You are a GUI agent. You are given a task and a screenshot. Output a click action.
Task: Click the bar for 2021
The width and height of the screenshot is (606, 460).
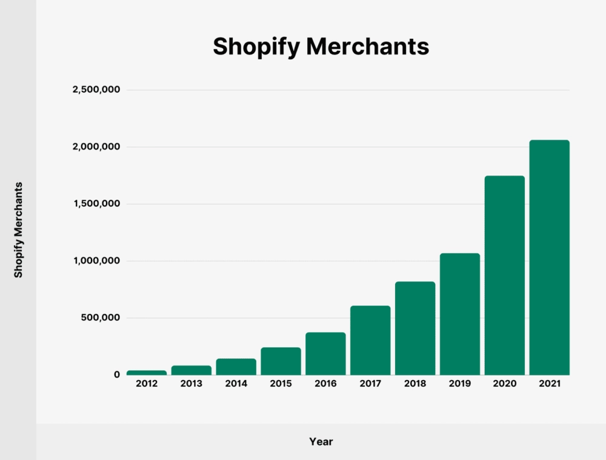pyautogui.click(x=549, y=258)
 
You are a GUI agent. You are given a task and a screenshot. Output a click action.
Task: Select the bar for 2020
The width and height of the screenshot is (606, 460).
pyautogui.click(x=504, y=275)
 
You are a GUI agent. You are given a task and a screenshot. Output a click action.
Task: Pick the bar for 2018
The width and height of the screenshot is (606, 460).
pyautogui.click(x=415, y=328)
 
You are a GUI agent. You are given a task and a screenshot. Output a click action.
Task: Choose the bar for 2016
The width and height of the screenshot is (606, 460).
pyautogui.click(x=325, y=353)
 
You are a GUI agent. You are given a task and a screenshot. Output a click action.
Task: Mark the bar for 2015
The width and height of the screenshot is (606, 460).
pyautogui.click(x=281, y=361)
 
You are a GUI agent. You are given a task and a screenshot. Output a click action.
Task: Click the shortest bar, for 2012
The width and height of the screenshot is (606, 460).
pyautogui.click(x=146, y=372)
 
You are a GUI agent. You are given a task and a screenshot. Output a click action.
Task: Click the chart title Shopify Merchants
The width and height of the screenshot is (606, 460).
pyautogui.click(x=321, y=47)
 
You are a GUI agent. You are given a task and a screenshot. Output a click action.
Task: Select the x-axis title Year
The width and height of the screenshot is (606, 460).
pyautogui.click(x=321, y=442)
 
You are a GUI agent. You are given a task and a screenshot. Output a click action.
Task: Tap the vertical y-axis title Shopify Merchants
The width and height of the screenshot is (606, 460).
pyautogui.click(x=18, y=230)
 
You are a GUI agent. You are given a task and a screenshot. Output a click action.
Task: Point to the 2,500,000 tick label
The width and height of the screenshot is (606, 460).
pyautogui.click(x=96, y=90)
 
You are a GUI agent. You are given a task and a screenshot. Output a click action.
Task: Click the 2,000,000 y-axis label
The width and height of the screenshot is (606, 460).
pyautogui.click(x=96, y=147)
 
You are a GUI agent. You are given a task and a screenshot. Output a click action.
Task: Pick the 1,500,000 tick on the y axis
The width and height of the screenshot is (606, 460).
pyautogui.click(x=96, y=204)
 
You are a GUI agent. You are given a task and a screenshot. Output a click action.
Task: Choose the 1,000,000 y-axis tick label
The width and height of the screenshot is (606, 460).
pyautogui.click(x=96, y=261)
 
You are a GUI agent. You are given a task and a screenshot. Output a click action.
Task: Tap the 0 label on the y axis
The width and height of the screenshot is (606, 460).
pyautogui.click(x=116, y=375)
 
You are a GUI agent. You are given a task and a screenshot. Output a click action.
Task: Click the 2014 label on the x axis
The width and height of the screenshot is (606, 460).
pyautogui.click(x=236, y=384)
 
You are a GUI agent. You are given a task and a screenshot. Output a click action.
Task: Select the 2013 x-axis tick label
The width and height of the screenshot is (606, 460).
pyautogui.click(x=191, y=384)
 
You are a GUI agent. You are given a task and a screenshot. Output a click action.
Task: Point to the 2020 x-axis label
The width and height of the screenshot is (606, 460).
pyautogui.click(x=504, y=384)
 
